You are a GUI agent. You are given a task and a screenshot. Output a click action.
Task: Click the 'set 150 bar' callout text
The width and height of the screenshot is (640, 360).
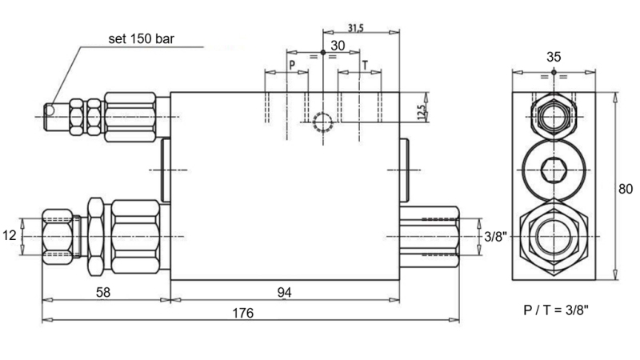[142, 38]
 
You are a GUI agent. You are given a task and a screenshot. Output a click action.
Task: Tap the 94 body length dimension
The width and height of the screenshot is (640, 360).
[283, 292]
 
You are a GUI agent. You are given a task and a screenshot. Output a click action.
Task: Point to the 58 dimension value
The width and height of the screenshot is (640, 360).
[102, 292]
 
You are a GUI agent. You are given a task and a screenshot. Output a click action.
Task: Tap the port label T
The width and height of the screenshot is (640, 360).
[365, 64]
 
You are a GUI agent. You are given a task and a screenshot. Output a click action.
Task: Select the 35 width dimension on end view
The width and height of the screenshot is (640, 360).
[554, 57]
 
